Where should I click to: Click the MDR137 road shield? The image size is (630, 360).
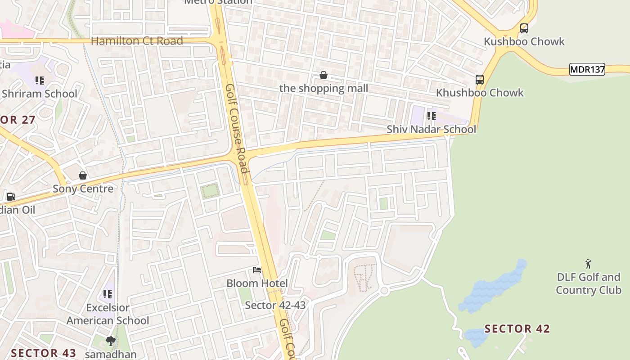(x=587, y=69)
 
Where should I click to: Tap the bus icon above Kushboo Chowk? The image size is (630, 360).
(x=524, y=28)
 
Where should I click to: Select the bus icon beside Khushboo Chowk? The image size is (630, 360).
(x=480, y=80)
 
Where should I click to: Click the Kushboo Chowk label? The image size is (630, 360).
(x=524, y=41)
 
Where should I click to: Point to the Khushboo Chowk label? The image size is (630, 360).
(x=480, y=93)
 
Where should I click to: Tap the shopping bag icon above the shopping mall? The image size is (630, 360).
(x=323, y=75)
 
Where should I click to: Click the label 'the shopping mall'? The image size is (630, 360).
(x=324, y=88)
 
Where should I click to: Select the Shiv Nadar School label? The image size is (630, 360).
(x=431, y=129)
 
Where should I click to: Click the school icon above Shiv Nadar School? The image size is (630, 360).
(x=431, y=116)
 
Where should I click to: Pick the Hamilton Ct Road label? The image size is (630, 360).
(x=137, y=41)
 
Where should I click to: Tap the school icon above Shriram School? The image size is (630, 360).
(x=40, y=81)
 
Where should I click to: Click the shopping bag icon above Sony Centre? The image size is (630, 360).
(x=83, y=175)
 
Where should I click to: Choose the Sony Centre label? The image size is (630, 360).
(x=83, y=189)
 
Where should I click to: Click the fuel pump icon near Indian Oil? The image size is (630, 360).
(x=11, y=197)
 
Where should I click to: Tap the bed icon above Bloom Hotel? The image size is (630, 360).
(x=257, y=270)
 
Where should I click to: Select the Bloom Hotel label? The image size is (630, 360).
(x=257, y=283)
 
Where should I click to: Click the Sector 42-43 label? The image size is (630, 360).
(x=275, y=305)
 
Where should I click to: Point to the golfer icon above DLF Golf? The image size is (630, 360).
(x=588, y=264)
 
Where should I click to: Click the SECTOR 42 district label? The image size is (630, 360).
(x=517, y=329)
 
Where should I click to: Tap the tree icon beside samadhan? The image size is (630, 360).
(x=110, y=341)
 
